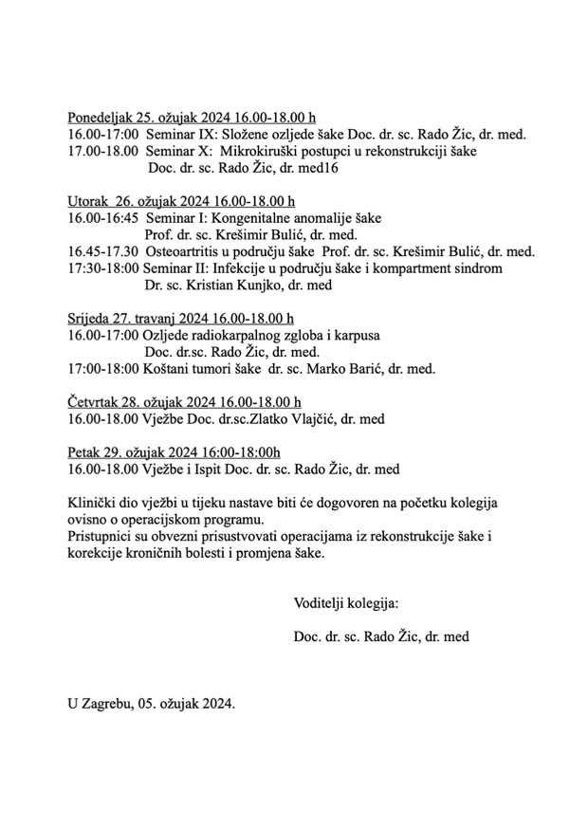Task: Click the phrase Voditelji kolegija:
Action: (x=346, y=603)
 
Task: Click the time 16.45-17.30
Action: (x=103, y=251)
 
